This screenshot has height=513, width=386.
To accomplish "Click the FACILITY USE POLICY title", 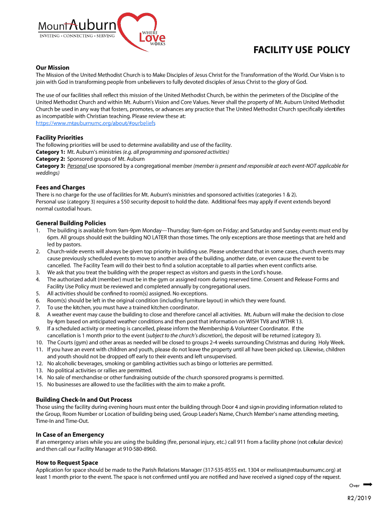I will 301,50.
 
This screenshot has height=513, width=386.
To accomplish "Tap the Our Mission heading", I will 52,68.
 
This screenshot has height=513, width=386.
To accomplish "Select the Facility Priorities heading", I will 59,137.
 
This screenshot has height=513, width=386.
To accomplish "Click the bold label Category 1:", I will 50,152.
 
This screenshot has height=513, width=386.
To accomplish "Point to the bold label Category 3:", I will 50,166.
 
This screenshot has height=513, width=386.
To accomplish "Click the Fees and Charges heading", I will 60,187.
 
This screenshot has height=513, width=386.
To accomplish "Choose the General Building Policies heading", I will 71,223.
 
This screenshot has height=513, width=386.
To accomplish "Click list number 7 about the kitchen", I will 38,308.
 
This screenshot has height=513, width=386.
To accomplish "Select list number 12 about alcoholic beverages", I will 39,364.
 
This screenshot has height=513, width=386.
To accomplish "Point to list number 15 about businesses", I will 39,385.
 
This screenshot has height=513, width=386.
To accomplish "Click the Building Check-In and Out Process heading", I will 84,400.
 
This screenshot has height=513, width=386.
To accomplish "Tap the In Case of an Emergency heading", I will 70,435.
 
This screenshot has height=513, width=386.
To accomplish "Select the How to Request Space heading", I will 67,463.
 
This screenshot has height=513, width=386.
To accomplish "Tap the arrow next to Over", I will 367,484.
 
